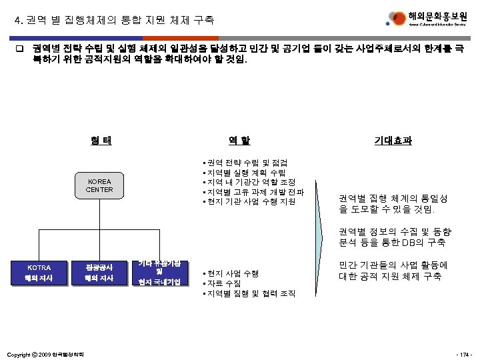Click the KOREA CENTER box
[99, 185]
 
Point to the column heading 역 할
[239, 141]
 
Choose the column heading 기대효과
[393, 141]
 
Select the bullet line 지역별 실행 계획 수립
[246, 173]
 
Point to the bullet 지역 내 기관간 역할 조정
[250, 182]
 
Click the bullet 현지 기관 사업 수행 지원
[250, 201]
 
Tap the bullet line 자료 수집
[223, 283]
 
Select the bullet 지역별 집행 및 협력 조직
[250, 293]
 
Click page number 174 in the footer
[464, 353]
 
